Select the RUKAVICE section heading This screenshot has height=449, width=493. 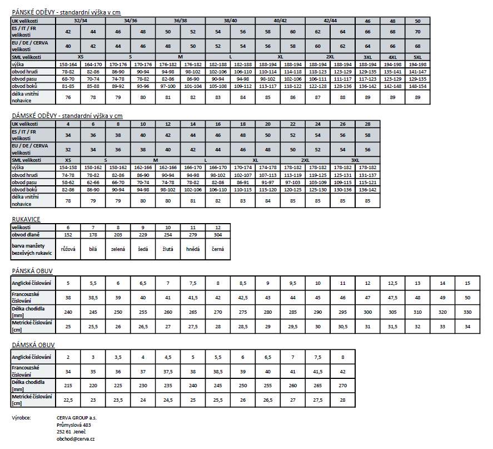(26, 219)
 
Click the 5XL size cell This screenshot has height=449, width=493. (417, 57)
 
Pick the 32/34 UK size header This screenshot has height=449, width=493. (80, 21)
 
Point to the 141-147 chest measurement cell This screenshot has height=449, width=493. (417, 72)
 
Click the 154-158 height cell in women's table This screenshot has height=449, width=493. (68, 167)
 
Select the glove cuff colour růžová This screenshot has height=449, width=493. (68, 249)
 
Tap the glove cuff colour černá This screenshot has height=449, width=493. (217, 249)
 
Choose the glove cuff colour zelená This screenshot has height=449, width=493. (118, 249)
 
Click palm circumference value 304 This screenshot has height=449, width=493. (217, 234)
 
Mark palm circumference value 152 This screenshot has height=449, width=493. (68, 234)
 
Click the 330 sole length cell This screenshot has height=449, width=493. (467, 312)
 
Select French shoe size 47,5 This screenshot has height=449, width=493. (392, 297)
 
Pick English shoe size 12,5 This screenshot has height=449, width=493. (392, 283)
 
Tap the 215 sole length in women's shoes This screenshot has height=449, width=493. (68, 384)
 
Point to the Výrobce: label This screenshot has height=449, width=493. (22, 417)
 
